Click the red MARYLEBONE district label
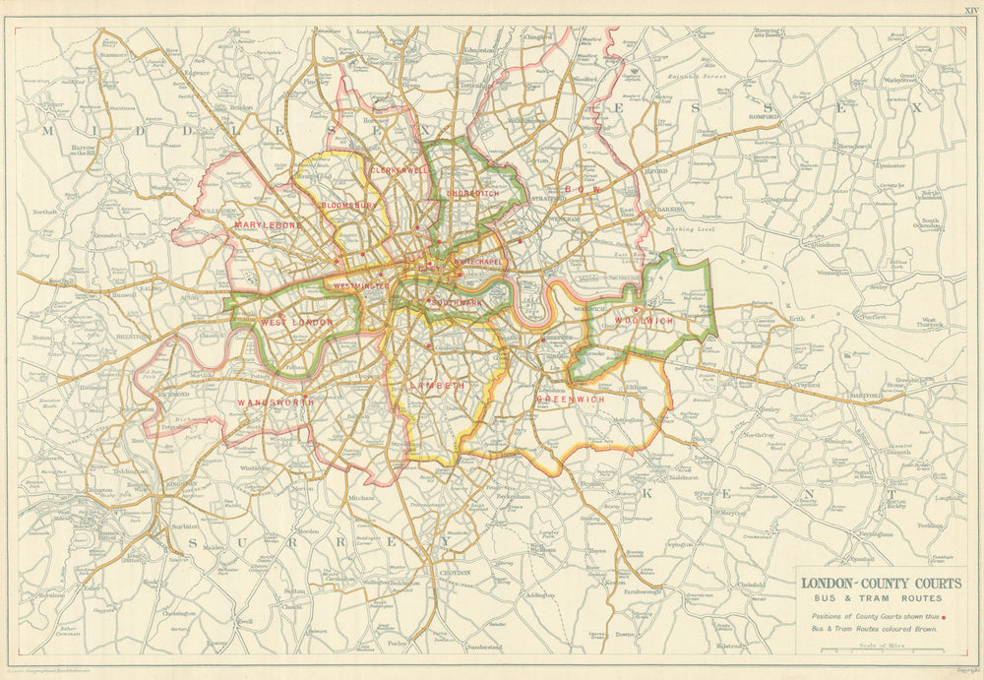269,224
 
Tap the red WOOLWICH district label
645,322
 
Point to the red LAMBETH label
439,386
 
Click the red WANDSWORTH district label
275,402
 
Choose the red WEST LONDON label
296,322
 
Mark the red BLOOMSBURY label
348,206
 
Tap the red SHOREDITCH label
473,194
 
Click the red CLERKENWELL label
399,170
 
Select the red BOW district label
582,188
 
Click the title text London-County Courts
880,584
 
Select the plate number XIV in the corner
970,8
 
